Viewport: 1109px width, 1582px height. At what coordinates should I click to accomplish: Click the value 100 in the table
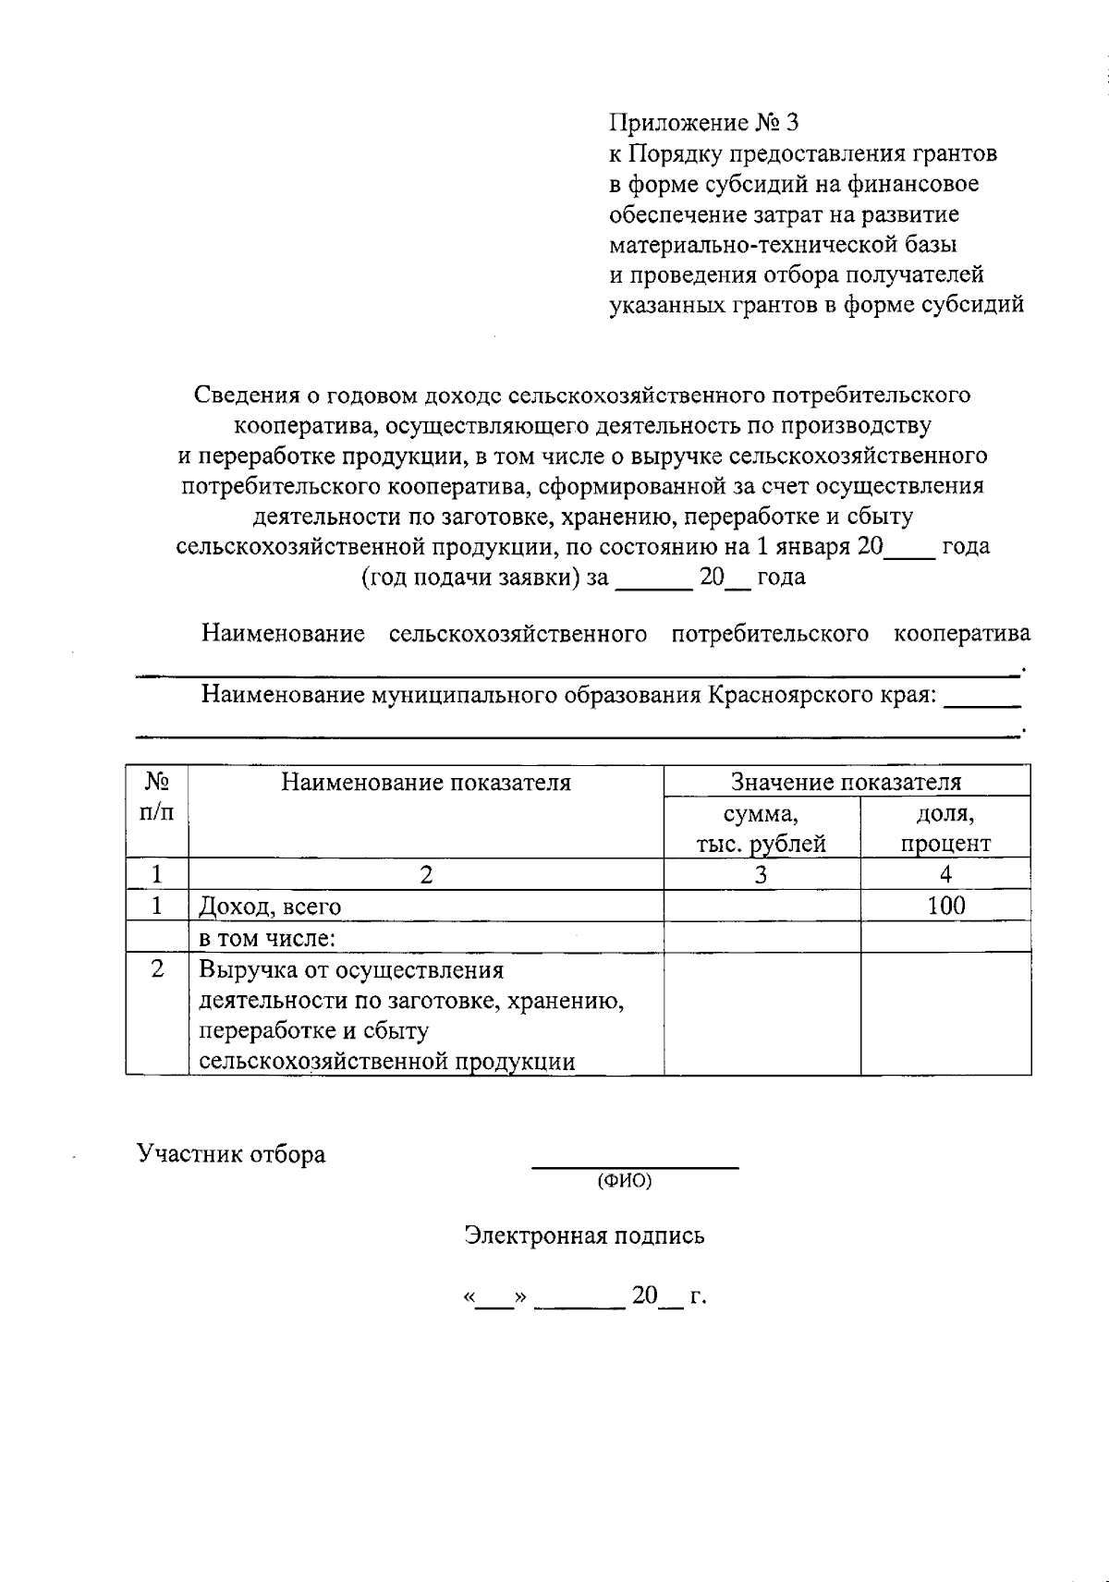click(x=945, y=906)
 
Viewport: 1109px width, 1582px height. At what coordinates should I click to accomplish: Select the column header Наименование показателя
click(x=426, y=784)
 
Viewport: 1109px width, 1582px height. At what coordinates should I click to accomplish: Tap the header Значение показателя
click(x=846, y=783)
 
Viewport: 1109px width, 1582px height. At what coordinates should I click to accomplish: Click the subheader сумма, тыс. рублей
click(x=761, y=829)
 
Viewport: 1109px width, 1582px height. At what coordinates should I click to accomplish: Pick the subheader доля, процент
click(x=945, y=829)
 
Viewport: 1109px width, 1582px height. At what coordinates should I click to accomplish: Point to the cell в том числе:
click(x=267, y=939)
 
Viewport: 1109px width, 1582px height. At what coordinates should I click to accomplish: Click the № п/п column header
click(x=157, y=797)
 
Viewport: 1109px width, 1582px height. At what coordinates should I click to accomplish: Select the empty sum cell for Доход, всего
click(x=762, y=906)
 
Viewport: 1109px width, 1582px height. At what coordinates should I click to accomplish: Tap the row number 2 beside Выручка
click(x=157, y=969)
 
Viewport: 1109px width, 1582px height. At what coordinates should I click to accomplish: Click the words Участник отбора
click(x=231, y=1154)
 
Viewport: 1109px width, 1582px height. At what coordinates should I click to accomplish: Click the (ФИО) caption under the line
click(x=625, y=1181)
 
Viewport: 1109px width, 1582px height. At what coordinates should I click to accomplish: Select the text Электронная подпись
click(x=584, y=1235)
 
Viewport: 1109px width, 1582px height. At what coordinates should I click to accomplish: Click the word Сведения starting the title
click(x=246, y=395)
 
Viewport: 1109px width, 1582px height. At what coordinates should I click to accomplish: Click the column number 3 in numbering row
click(x=761, y=874)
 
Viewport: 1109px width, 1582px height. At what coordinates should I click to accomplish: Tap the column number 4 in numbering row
click(x=945, y=874)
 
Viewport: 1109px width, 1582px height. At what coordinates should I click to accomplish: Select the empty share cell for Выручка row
click(x=945, y=1014)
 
